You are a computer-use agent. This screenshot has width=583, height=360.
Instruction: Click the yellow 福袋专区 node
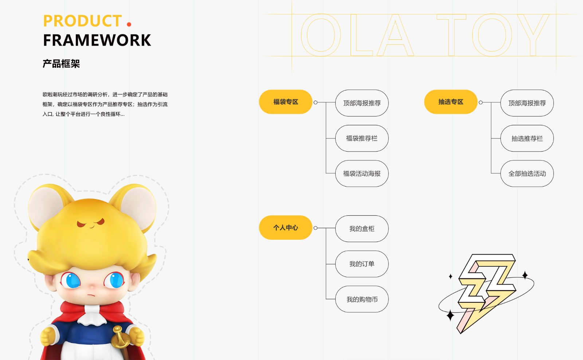[x=286, y=102]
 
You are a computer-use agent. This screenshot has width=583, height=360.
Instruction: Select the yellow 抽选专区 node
[x=451, y=102]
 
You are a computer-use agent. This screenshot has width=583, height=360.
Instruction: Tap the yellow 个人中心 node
[x=286, y=227]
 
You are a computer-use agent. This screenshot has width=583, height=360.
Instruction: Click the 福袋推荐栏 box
[x=362, y=138]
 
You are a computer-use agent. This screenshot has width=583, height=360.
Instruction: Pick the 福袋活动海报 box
[x=362, y=173]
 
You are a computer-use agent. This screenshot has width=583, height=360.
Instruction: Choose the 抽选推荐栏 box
[x=527, y=138]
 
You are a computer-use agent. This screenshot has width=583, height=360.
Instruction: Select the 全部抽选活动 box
[x=527, y=173]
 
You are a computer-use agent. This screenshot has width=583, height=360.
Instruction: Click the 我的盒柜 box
[x=362, y=228]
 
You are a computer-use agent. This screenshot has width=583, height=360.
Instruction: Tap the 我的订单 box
[x=362, y=264]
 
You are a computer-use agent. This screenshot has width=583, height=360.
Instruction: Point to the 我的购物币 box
[x=362, y=299]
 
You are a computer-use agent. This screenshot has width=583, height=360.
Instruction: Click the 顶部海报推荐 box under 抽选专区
[x=527, y=103]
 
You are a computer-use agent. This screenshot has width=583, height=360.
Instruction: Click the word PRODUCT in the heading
[x=82, y=21]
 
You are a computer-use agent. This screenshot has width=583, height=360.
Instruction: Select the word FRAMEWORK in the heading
[x=97, y=40]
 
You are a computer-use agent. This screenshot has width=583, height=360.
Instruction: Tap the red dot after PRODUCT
[x=129, y=24]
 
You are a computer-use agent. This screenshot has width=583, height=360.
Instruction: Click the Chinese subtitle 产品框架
[x=61, y=63]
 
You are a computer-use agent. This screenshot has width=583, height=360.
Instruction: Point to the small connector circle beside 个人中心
[x=316, y=228]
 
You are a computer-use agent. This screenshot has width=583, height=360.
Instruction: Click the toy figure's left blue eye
[x=71, y=280]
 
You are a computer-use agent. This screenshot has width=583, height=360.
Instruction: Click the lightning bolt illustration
[x=486, y=293]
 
